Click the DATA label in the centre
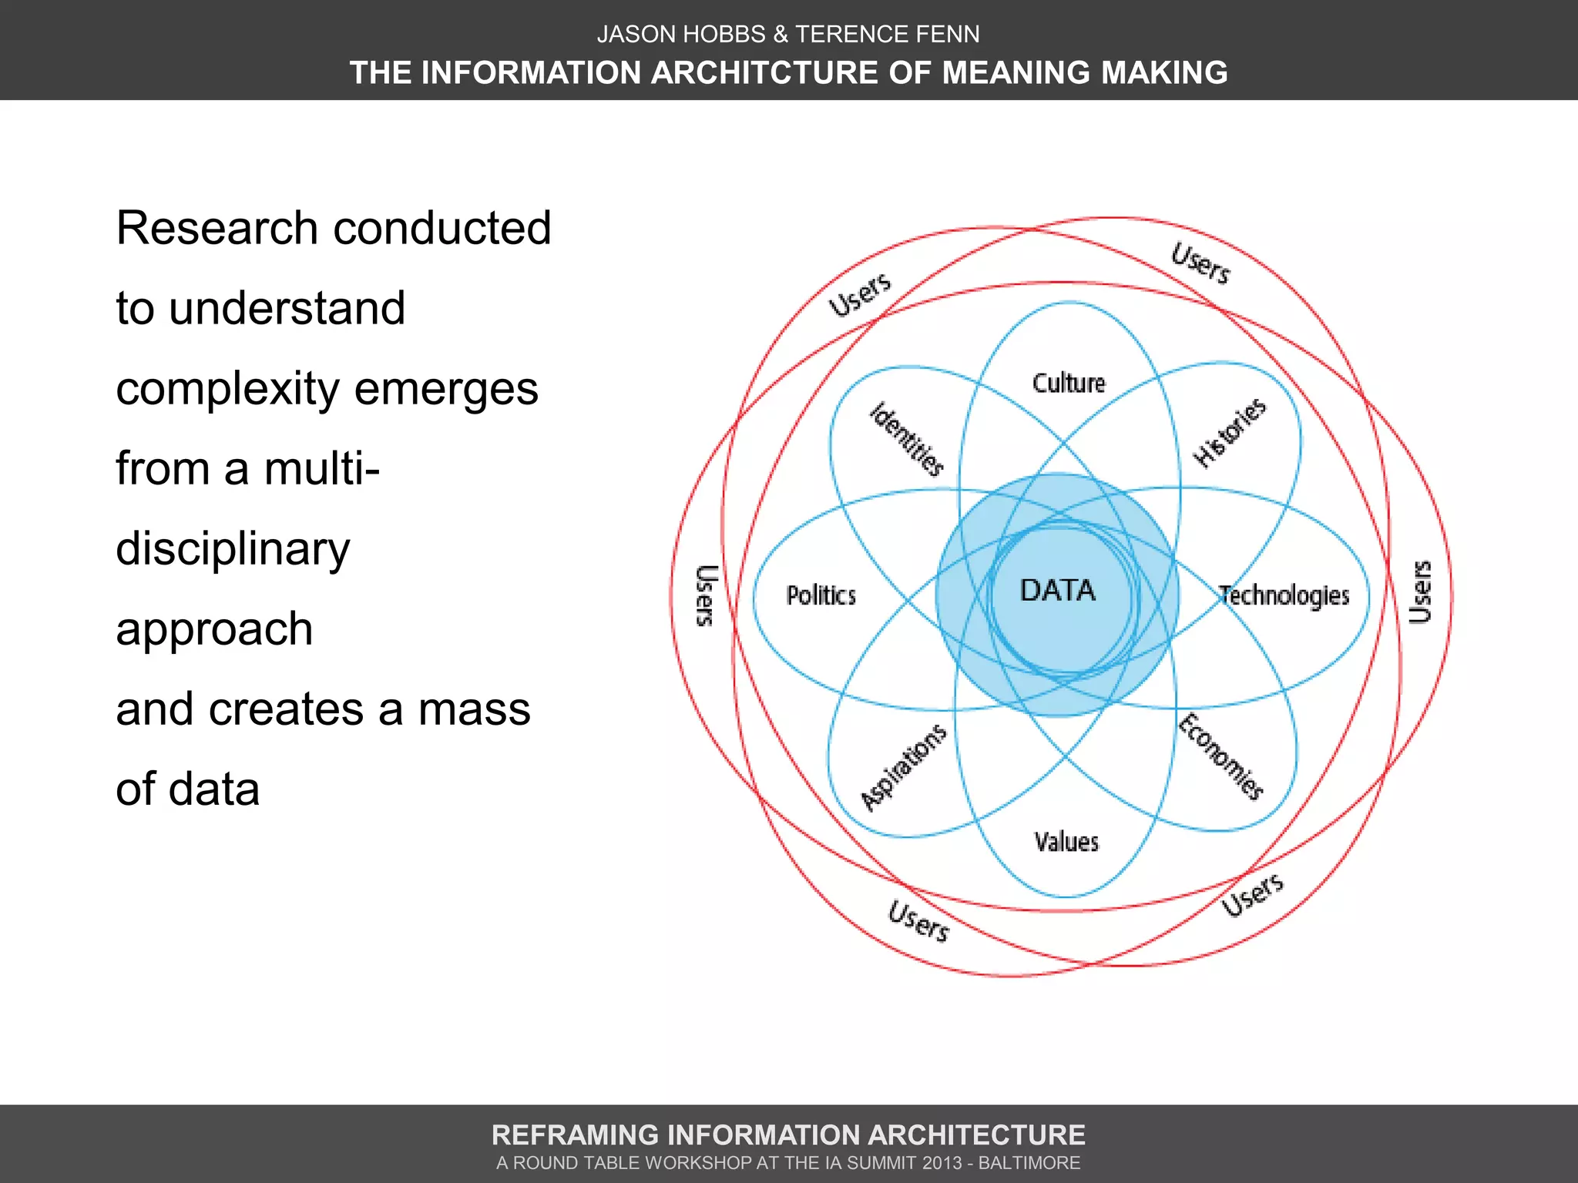point(1057,591)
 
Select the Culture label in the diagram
point(1069,383)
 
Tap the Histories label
point(1230,433)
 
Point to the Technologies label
point(1284,595)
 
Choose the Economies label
point(1221,757)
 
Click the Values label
point(1066,842)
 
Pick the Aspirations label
point(903,767)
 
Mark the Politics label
point(821,595)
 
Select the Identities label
point(907,440)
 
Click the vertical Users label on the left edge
point(706,595)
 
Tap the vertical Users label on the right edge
point(1420,591)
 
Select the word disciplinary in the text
point(233,549)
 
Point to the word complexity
point(227,389)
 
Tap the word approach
point(214,629)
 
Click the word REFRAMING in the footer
point(575,1135)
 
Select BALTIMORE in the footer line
point(1029,1163)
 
